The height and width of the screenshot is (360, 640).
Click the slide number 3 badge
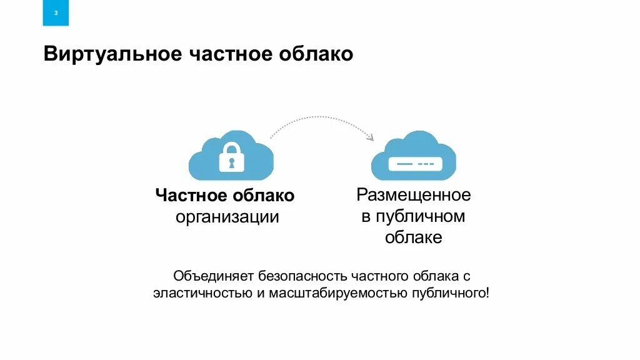(x=56, y=13)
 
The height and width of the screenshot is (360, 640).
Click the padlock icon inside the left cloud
(x=231, y=157)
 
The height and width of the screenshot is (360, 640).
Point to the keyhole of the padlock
(x=231, y=163)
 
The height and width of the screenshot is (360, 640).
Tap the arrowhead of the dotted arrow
(x=370, y=137)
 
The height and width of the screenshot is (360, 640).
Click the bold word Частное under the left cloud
(x=191, y=196)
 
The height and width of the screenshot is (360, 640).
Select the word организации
(x=227, y=217)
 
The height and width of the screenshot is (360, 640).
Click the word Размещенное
(x=414, y=195)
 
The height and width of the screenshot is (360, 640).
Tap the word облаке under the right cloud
(x=414, y=237)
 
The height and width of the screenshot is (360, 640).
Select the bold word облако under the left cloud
(x=263, y=196)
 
